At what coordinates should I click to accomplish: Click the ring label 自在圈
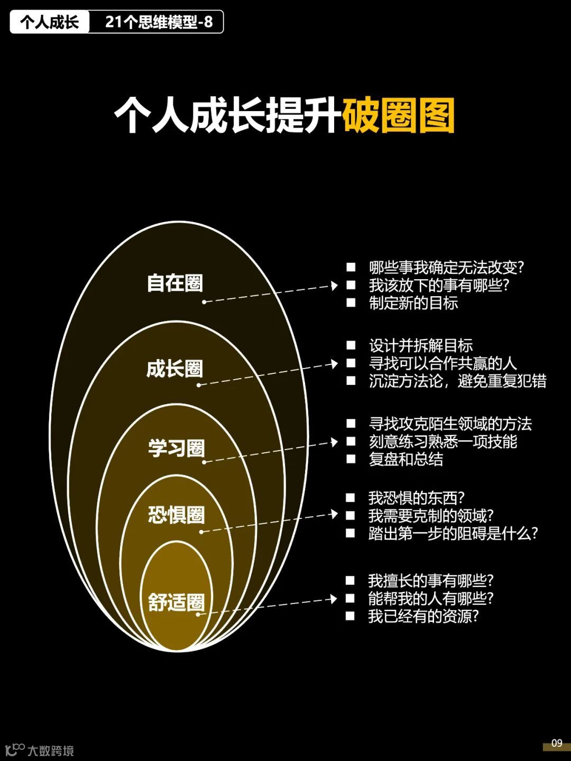coord(175,283)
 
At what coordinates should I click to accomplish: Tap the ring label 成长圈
coord(175,369)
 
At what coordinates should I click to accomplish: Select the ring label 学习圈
coord(176,448)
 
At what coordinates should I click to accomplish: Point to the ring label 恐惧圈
coord(176,515)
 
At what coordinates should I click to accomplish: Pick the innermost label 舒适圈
coord(176,602)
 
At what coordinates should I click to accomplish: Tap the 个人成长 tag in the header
coord(50,22)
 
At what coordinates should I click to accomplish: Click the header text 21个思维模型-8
coord(159,22)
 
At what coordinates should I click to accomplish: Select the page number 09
coord(557,743)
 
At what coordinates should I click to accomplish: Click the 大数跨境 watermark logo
coord(40,750)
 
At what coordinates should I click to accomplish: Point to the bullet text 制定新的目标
coord(413,303)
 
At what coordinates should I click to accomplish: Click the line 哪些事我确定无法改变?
coord(446,268)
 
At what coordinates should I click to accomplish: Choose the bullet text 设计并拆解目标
coord(421,346)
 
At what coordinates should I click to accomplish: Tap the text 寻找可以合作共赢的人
coord(443,363)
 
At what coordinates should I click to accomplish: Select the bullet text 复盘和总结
coord(406,459)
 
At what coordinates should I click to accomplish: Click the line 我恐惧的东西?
coord(416,498)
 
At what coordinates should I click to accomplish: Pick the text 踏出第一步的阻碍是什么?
coord(453,533)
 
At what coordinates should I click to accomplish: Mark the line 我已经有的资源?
coord(423,616)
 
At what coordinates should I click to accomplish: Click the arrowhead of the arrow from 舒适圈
coord(333,599)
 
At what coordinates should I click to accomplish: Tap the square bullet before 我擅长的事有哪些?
coord(350,581)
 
